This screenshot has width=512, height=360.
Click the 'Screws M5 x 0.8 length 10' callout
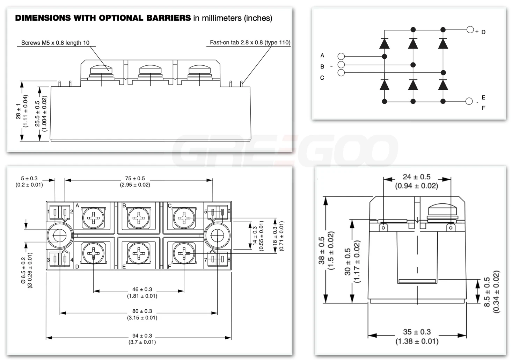55,43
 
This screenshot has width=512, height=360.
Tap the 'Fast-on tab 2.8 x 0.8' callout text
250,42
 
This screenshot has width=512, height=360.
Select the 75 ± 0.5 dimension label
135,179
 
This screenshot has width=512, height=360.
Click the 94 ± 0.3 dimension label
142,336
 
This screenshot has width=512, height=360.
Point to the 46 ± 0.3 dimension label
142,289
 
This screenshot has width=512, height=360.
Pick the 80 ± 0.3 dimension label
142,311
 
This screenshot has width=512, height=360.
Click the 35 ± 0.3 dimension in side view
417,332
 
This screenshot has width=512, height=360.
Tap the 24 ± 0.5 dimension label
416,177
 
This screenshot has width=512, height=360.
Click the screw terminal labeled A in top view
93,218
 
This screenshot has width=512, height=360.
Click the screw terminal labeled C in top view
184,218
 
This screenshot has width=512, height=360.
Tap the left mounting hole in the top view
60,236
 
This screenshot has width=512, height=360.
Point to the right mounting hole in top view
217,236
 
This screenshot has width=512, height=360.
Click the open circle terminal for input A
341,56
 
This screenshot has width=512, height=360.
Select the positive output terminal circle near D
470,29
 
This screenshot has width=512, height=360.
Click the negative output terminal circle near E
469,101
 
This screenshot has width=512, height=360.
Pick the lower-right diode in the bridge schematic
443,85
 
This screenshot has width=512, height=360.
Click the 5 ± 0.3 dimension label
29,179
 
